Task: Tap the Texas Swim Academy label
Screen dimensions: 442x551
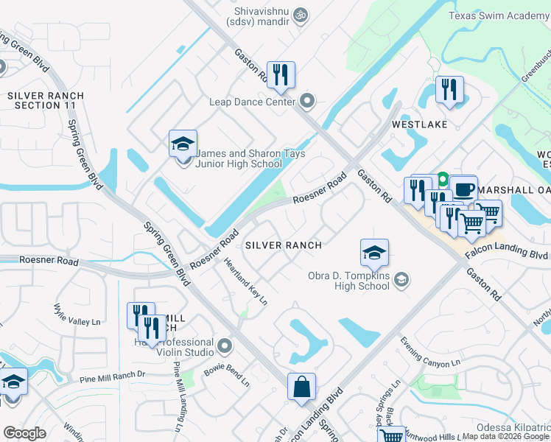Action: pyautogui.click(x=498, y=15)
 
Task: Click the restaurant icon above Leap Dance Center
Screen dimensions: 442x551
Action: pyautogui.click(x=281, y=74)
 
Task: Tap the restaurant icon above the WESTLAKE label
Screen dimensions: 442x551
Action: pyautogui.click(x=449, y=90)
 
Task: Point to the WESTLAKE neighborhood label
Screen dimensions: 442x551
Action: pyautogui.click(x=419, y=124)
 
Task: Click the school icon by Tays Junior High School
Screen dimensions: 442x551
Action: pyautogui.click(x=183, y=143)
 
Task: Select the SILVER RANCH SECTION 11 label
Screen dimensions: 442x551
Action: pyautogui.click(x=45, y=101)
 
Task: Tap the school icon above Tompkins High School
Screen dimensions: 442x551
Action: pyautogui.click(x=374, y=253)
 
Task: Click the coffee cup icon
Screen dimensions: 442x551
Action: pyautogui.click(x=463, y=189)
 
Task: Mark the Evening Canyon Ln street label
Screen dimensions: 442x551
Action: pyautogui.click(x=430, y=351)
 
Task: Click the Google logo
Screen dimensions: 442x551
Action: pyautogui.click(x=25, y=433)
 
